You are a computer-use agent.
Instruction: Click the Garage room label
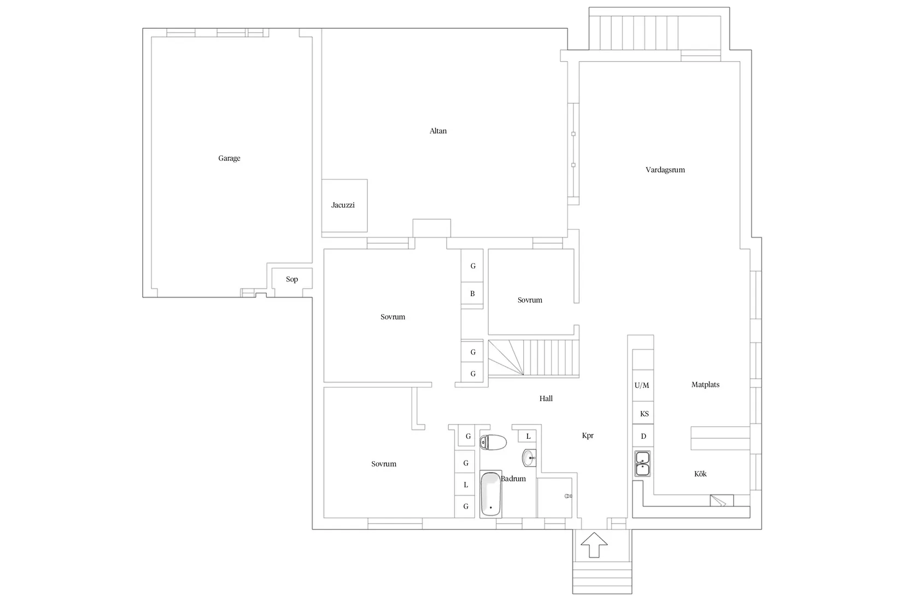point(229,158)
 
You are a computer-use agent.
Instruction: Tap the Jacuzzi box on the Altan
point(344,205)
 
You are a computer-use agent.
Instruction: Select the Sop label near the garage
point(292,279)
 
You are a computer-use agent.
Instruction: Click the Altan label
point(438,131)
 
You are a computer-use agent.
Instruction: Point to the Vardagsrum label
point(665,170)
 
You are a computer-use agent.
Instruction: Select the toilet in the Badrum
point(493,442)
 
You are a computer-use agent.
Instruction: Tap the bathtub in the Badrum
point(490,494)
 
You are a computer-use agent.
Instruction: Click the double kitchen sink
point(642,463)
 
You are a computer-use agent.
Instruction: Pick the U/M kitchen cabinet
point(642,385)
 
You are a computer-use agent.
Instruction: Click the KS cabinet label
point(644,414)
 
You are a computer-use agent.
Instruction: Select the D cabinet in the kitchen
point(643,437)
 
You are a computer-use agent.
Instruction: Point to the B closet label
point(472,294)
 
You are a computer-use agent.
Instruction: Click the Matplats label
point(705,385)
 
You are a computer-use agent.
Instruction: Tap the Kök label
point(700,474)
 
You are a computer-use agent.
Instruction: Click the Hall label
point(546,399)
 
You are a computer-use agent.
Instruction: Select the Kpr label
point(588,436)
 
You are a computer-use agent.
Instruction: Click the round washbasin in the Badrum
point(529,458)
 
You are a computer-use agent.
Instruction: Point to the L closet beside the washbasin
point(528,437)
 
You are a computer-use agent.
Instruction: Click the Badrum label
point(514,479)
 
